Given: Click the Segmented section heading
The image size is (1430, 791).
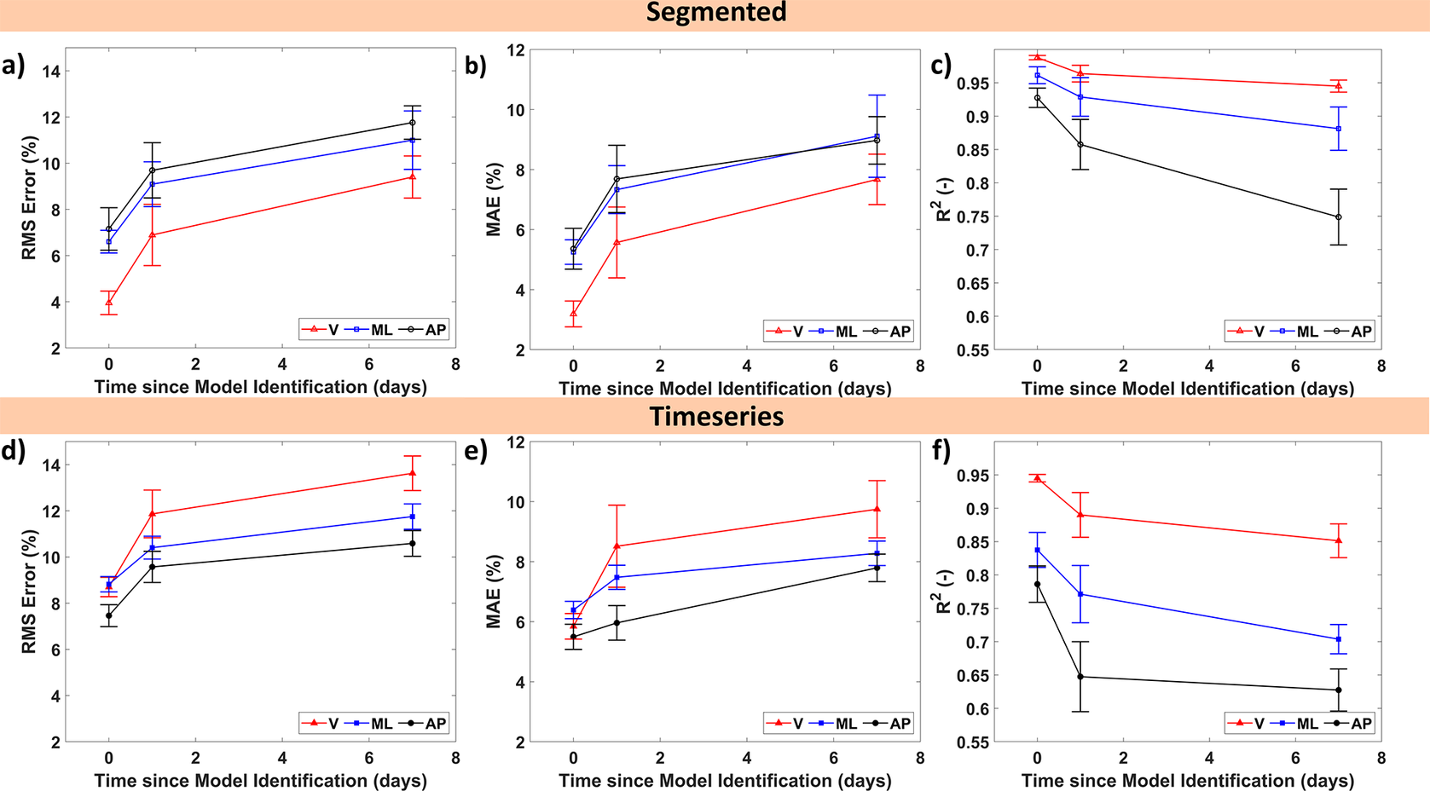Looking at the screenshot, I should tap(715, 13).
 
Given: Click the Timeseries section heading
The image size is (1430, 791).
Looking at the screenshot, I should tap(715, 417).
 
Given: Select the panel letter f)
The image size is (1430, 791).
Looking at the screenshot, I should tap(942, 450).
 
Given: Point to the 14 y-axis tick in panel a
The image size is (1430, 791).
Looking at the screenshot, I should tap(51, 72).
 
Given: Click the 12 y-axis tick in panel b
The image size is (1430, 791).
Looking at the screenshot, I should tap(515, 50).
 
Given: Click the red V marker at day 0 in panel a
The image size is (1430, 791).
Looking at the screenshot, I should tap(109, 302).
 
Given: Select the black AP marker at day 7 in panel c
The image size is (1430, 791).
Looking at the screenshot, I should tap(1339, 217).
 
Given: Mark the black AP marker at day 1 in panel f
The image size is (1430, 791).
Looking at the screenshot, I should tap(1080, 677).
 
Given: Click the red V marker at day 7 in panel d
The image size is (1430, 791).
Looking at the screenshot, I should tap(413, 473).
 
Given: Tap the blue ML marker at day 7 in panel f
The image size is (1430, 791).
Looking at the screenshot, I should tap(1339, 639).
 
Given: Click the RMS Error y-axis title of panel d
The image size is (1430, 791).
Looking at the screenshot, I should tap(30, 592).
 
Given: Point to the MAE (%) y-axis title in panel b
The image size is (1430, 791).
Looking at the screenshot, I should tap(494, 199).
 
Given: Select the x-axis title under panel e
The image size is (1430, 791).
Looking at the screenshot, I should tap(725, 781).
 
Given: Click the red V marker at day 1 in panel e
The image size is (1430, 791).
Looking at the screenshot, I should tap(617, 546).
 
